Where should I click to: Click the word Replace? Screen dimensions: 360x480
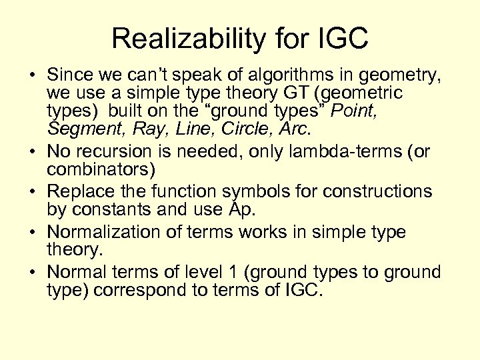(x=82, y=191)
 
